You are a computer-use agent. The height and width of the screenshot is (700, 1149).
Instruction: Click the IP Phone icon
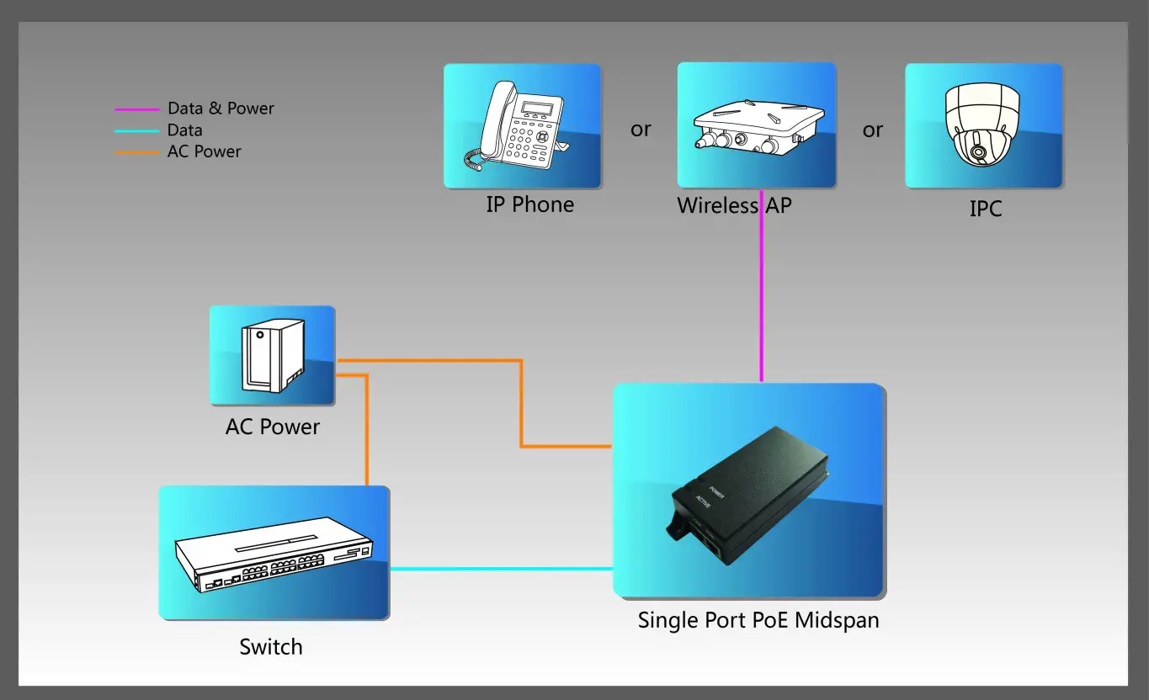coord(522,126)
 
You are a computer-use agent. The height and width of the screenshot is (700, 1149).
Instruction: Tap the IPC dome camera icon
coord(983,126)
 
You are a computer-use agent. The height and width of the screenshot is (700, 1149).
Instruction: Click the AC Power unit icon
coord(272,357)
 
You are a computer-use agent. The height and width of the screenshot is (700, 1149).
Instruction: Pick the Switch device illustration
coord(274,554)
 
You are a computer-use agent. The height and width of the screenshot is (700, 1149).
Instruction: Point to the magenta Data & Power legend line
coord(136,109)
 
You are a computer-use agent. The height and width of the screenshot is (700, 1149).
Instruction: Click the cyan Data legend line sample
coord(136,131)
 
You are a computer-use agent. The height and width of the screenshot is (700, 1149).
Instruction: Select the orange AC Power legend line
coord(136,153)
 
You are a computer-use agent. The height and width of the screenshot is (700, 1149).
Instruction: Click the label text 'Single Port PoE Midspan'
coord(758,621)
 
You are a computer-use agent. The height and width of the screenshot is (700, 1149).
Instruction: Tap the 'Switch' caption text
coord(270,647)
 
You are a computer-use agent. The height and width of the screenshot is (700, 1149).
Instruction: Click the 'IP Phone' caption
coord(529,204)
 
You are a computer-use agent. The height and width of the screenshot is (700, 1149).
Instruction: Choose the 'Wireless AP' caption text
coord(734,205)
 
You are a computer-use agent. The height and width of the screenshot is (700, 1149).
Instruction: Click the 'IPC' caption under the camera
coord(985,209)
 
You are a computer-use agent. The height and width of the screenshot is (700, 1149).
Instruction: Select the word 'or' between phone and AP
coord(641,130)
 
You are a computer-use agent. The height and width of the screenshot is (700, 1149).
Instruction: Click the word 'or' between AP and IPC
coord(872,130)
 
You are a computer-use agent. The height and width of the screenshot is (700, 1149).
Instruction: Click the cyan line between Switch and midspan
coord(501,569)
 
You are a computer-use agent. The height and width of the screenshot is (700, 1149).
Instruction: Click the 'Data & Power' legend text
coord(221,109)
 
